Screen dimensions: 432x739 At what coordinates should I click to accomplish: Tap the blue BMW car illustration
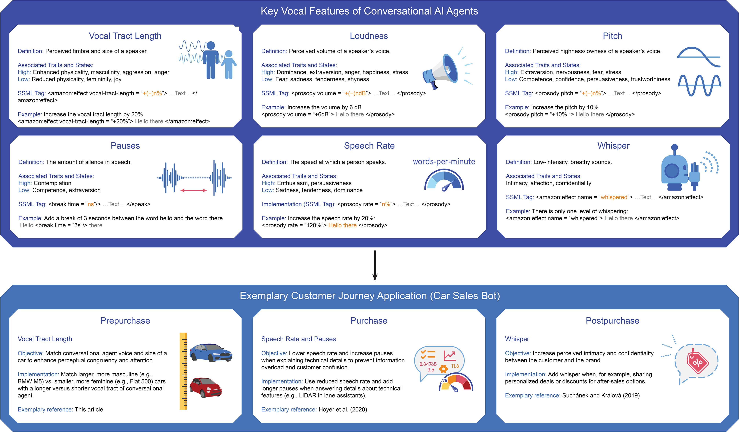[x=211, y=352]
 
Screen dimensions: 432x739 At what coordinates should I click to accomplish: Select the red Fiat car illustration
[x=205, y=387]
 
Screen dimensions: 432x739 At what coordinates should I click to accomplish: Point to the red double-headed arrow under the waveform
[x=194, y=191]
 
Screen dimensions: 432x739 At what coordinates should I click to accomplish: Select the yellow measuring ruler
[x=183, y=371]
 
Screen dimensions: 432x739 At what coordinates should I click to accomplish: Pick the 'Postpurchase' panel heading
[x=612, y=320]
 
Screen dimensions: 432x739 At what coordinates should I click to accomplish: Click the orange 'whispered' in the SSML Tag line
[x=614, y=197]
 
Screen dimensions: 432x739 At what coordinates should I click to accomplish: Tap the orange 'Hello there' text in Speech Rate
[x=342, y=225]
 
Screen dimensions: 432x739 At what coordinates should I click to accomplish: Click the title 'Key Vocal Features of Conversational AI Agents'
[x=369, y=11]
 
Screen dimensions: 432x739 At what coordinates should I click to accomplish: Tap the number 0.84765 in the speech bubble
[x=428, y=364]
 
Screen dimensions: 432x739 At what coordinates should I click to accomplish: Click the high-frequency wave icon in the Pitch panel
[x=699, y=85]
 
